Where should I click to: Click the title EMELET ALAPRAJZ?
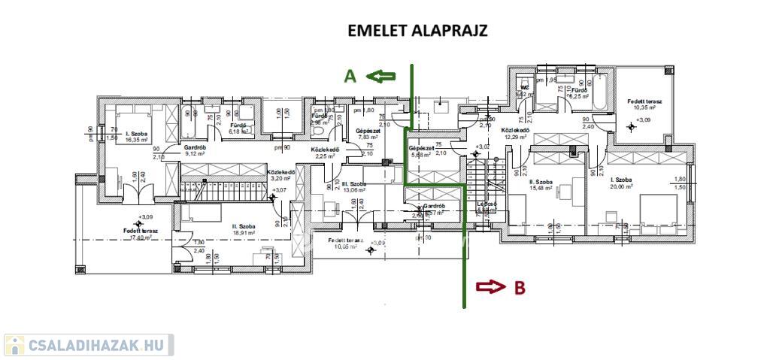coord(417,31)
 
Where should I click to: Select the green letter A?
coord(350,76)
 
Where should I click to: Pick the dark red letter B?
coord(519,286)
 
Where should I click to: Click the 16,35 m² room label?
coord(137,136)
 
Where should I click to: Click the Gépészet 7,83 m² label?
coord(368,134)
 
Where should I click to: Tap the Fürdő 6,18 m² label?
coord(238,129)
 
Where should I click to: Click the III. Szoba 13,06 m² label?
coord(353,186)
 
